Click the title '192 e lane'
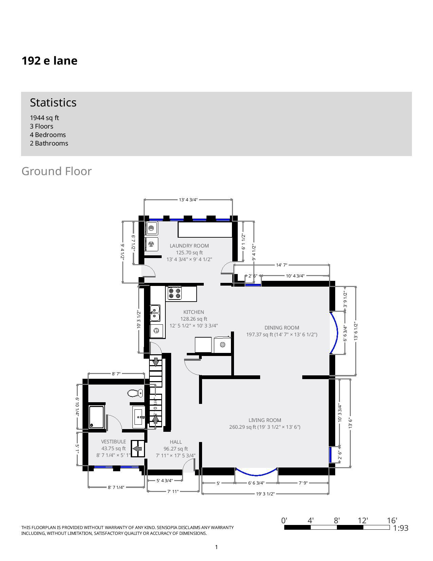tap(50, 61)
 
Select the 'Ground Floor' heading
tap(56, 171)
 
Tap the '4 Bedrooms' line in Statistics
tap(48, 135)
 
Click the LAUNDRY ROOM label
tap(189, 245)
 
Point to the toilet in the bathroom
tap(136, 393)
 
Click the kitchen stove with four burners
tap(175, 293)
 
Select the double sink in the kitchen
tap(155, 313)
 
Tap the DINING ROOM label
tap(282, 328)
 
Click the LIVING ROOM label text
tap(265, 420)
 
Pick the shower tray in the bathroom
tap(96, 417)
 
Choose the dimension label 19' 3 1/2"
tap(265, 494)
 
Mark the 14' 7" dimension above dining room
tap(282, 265)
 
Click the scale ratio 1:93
tap(400, 528)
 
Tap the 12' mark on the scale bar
tap(363, 521)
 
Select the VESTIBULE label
tap(113, 442)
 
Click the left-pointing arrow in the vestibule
tap(138, 449)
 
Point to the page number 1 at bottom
tap(216, 547)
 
